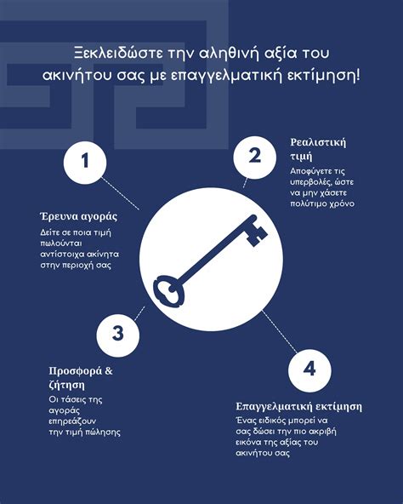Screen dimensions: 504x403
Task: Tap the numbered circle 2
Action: point(253,155)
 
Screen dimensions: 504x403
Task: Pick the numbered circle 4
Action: point(309,368)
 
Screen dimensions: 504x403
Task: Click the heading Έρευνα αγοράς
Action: point(77,215)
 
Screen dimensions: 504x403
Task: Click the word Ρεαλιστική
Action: point(318,141)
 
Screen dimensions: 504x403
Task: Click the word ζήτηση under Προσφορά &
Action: point(66,386)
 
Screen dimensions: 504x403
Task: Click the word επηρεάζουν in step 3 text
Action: point(76,421)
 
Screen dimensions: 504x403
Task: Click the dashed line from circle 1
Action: point(122,194)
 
